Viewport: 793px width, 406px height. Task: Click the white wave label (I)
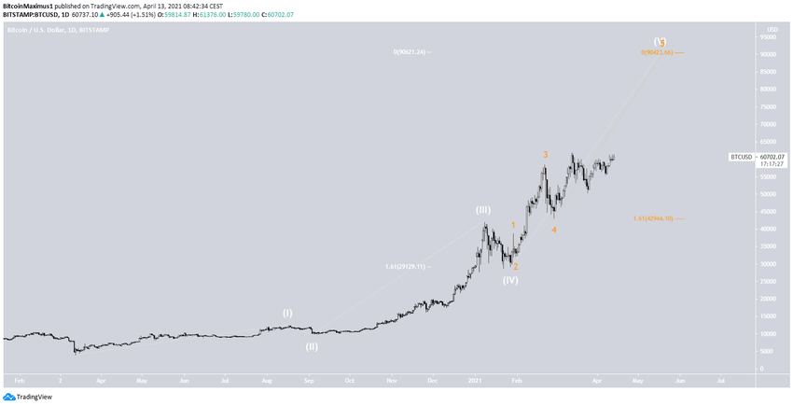click(x=287, y=313)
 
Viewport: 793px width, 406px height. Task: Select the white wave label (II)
click(x=312, y=346)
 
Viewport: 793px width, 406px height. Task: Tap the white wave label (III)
click(x=483, y=210)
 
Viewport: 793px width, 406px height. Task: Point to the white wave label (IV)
click(x=510, y=280)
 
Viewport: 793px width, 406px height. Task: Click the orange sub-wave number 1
click(x=513, y=226)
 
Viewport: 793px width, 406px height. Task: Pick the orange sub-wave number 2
click(x=515, y=267)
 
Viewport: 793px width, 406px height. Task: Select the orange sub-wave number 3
click(x=546, y=155)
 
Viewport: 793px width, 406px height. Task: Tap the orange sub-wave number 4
click(x=553, y=230)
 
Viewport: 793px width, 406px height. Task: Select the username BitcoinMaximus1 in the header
click(x=27, y=7)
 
